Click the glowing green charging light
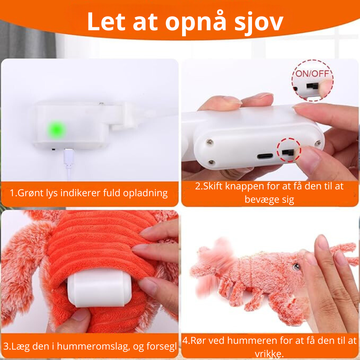pyautogui.click(x=57, y=130)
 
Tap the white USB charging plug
pyautogui.click(x=69, y=158)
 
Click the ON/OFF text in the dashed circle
pyautogui.click(x=312, y=73)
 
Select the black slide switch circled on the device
pyautogui.click(x=288, y=152)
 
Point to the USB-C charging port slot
pyautogui.click(x=265, y=156)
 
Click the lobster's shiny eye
pyautogui.click(x=296, y=266)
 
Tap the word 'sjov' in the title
pyautogui.click(x=259, y=22)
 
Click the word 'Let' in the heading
pyautogui.click(x=106, y=22)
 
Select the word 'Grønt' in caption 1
pyautogui.click(x=31, y=193)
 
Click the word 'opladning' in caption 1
pyautogui.click(x=145, y=193)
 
